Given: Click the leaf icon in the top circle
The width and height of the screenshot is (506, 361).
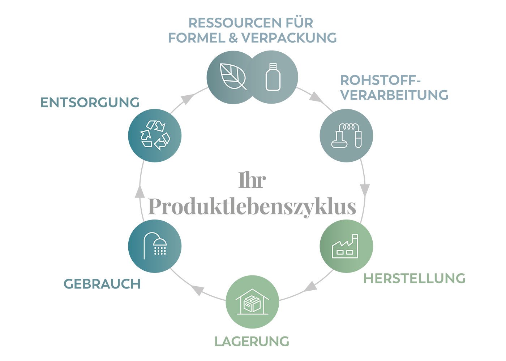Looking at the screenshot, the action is pos(233,77).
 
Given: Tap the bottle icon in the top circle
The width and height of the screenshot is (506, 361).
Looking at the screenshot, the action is pos(273,77).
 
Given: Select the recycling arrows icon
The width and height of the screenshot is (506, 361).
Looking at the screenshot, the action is pos(155,135).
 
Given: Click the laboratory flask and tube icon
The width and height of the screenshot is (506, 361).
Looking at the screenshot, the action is pos(346,136).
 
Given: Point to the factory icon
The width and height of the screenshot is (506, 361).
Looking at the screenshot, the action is pos(345,246).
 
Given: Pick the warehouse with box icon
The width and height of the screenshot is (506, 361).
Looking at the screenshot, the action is pos(252,301).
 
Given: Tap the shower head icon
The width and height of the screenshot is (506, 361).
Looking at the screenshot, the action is pos(155,246).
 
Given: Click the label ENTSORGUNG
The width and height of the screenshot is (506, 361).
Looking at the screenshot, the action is pos(90,103).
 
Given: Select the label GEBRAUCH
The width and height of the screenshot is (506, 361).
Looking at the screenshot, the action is pos(102,284).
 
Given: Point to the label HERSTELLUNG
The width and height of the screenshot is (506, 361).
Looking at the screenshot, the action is pos(414,278).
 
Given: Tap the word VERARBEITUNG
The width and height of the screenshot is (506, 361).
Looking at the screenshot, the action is pos(394,95).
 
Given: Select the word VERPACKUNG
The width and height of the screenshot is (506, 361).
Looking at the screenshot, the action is pos(290,37).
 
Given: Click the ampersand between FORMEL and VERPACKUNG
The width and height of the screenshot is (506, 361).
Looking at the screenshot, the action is pos(233,37).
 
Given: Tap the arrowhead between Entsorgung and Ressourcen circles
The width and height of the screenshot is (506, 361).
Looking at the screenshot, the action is pos(187,98).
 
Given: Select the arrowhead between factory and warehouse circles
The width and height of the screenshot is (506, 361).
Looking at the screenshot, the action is pos(310,286).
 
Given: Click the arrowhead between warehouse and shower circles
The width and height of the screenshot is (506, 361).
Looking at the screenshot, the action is pos(198,290).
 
